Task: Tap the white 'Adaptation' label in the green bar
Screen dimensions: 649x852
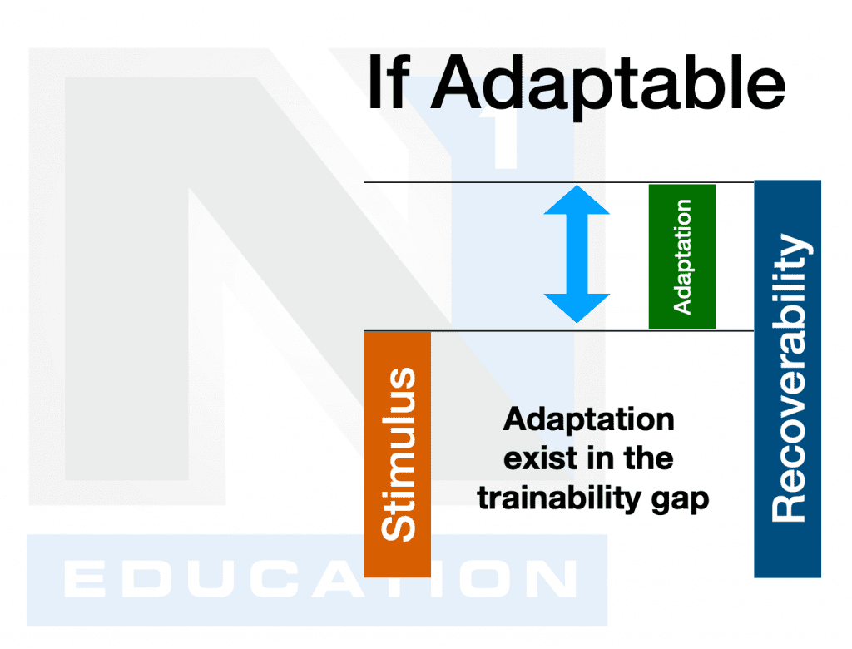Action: tap(682, 256)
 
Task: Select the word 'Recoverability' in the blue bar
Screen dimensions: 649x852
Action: tap(788, 379)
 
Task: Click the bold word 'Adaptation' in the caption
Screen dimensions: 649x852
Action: tap(588, 419)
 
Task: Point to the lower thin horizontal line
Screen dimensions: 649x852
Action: tap(499, 330)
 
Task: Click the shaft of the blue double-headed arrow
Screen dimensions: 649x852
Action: tap(577, 254)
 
